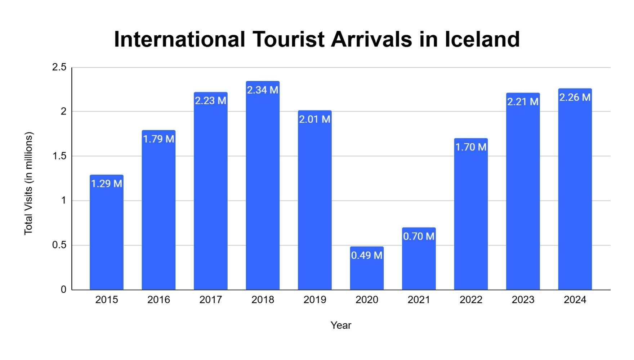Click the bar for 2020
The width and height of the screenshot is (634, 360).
coord(367,274)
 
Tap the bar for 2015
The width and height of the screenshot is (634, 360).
coord(107,238)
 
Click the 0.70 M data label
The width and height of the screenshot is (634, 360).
coord(419,236)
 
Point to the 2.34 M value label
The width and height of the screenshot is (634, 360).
coord(263,90)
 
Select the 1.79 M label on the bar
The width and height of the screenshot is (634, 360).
coord(158,139)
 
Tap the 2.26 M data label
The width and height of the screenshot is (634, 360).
coord(575,97)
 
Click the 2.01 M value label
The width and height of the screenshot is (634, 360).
coord(314,119)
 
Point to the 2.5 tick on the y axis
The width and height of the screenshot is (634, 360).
coord(59,67)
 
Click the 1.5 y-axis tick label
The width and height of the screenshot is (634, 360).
coord(59,156)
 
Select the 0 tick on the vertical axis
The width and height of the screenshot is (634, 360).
coord(63,289)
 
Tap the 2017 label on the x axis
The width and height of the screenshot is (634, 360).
coord(210,300)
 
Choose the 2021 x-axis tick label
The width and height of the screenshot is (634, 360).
coord(419,300)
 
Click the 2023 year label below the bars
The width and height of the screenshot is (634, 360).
coord(523,300)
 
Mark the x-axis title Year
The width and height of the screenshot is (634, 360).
coord(341,325)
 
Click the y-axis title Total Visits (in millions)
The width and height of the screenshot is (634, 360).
coord(28,184)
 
